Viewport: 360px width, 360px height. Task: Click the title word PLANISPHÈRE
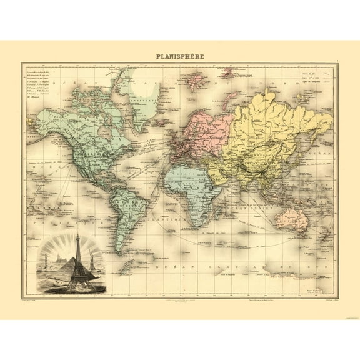pos(179,56)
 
